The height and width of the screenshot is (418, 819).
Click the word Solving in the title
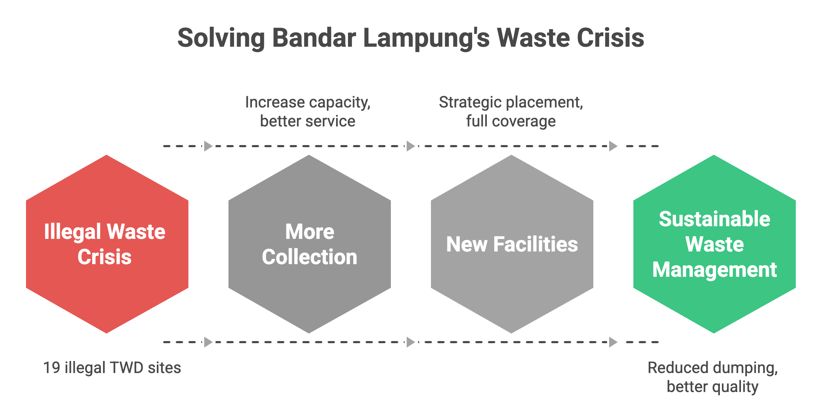pyautogui.click(x=221, y=38)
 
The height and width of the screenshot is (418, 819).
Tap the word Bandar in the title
pyautogui.click(x=314, y=38)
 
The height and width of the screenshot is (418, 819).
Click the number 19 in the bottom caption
pyautogui.click(x=52, y=368)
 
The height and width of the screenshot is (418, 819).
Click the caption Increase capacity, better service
pyautogui.click(x=308, y=112)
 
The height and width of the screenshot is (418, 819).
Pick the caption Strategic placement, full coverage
pyautogui.click(x=511, y=112)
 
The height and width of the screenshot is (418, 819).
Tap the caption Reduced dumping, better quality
pyautogui.click(x=713, y=377)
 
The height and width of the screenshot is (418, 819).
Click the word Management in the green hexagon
pyautogui.click(x=714, y=270)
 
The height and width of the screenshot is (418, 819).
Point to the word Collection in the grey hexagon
pyautogui.click(x=309, y=257)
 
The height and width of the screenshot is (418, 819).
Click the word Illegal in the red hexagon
pyautogui.click(x=72, y=232)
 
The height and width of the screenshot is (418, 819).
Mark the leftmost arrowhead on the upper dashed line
pyautogui.click(x=208, y=146)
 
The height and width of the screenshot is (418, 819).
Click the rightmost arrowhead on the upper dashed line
pyautogui.click(x=613, y=146)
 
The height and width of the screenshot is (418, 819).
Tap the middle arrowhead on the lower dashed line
pyautogui.click(x=411, y=342)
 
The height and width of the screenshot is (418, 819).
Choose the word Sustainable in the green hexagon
pyautogui.click(x=714, y=219)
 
